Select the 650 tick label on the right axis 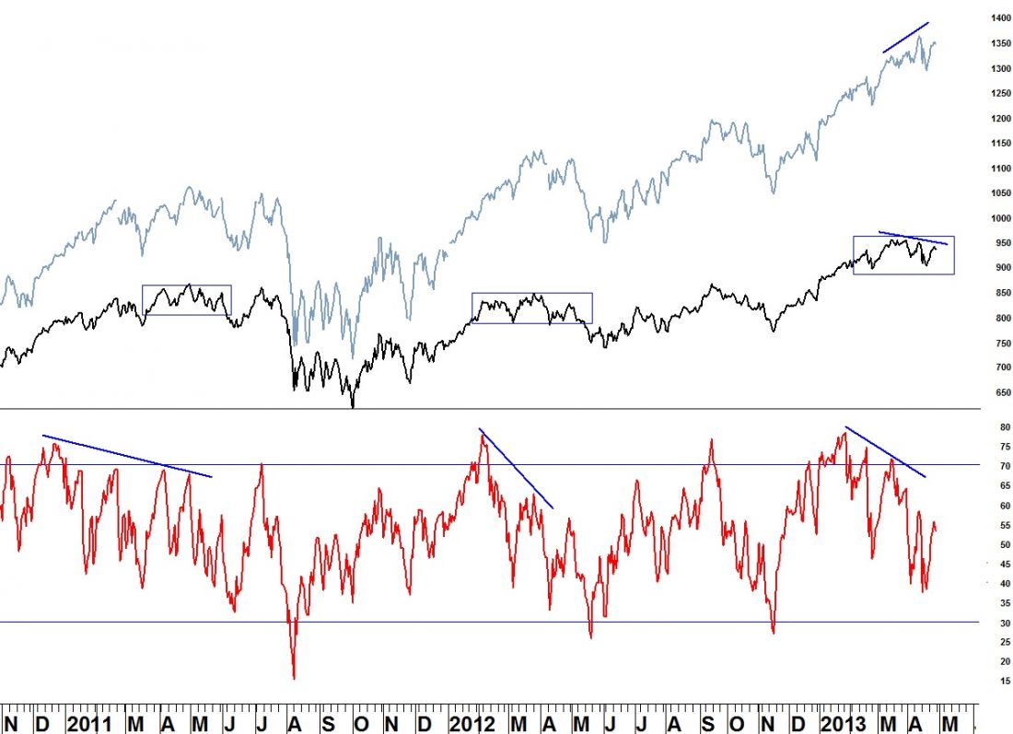997,392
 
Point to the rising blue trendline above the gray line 905,37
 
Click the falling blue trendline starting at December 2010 127,456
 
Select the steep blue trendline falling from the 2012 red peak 516,468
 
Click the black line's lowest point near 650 353,406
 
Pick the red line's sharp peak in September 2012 711,440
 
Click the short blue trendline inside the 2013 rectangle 913,238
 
